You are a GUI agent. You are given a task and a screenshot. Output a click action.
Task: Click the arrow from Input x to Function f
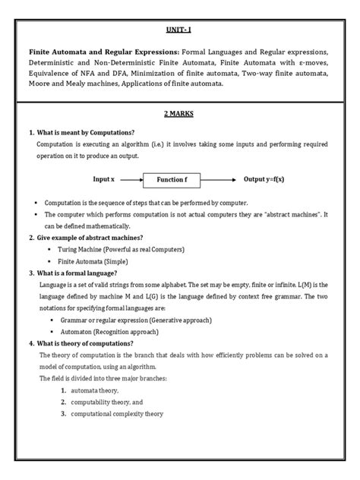(131, 179)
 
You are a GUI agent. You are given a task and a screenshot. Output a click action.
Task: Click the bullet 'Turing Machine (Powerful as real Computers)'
(120, 249)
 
